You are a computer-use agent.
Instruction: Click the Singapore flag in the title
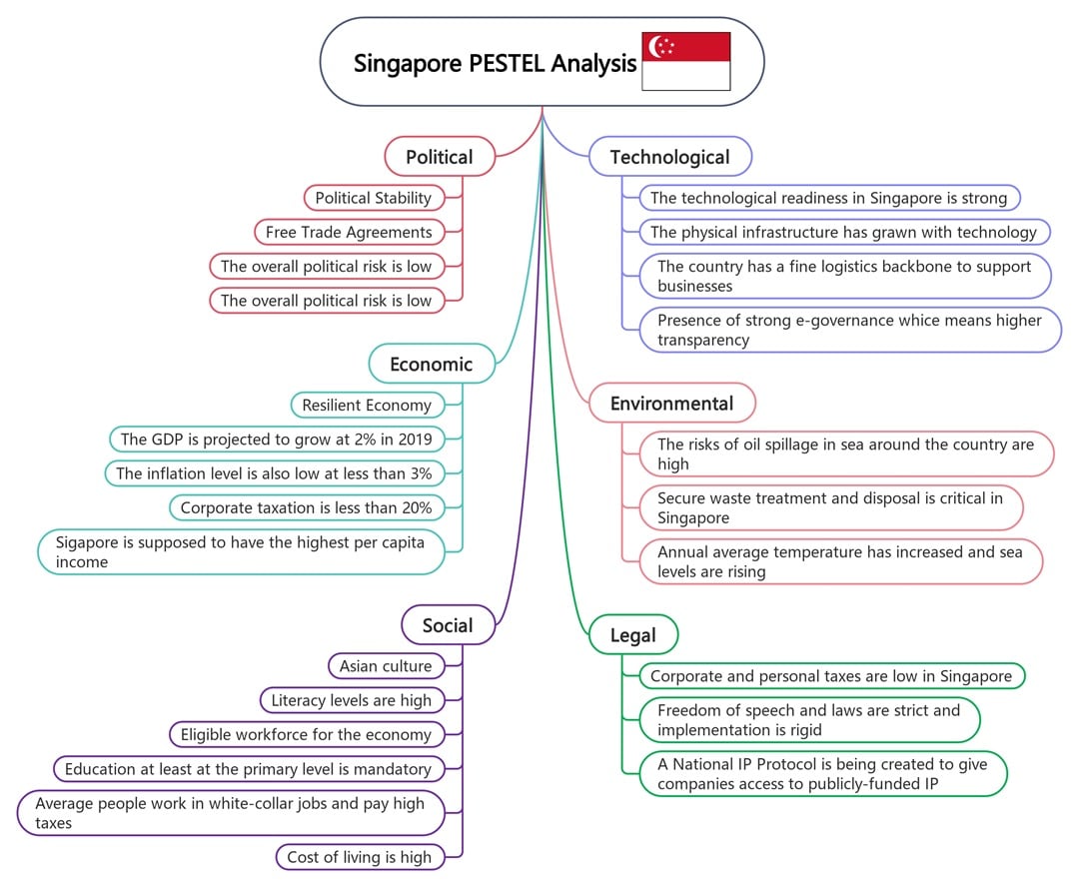[685, 62]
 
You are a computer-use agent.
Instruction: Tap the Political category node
[440, 157]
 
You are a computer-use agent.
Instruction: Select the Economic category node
[432, 364]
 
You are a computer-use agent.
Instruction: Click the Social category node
[448, 625]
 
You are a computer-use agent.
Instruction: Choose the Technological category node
[669, 157]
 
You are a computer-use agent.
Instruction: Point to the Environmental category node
[671, 404]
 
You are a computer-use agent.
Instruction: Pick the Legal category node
[632, 635]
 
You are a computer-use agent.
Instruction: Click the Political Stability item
[374, 198]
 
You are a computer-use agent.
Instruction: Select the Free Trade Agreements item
[349, 232]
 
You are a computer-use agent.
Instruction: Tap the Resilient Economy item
[367, 405]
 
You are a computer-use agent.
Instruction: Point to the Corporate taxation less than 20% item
[306, 507]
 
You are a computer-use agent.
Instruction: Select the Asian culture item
[386, 666]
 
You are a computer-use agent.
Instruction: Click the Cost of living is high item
[360, 856]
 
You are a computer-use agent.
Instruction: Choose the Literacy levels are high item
[352, 700]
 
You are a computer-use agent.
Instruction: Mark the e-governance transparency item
[849, 330]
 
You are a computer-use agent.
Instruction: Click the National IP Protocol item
[822, 774]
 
